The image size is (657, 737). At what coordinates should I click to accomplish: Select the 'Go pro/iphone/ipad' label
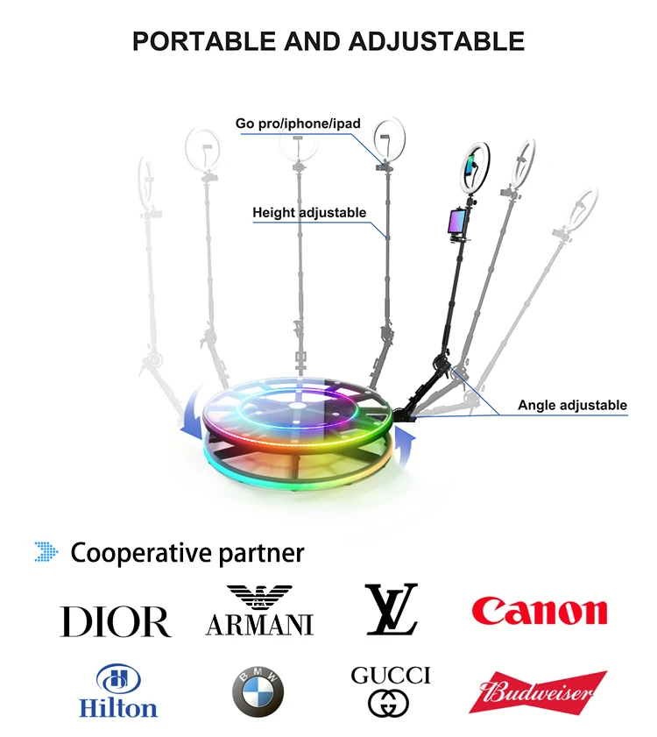[x=298, y=124]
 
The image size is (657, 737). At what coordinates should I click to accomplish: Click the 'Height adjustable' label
[x=309, y=212]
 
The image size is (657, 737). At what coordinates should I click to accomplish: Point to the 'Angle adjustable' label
[x=572, y=405]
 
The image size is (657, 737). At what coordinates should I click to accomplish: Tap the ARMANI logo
[x=259, y=611]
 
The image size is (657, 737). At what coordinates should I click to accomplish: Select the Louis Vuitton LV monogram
[x=392, y=609]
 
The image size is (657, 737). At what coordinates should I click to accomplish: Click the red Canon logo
[x=540, y=611]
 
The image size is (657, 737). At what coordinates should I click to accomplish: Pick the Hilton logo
[x=118, y=692]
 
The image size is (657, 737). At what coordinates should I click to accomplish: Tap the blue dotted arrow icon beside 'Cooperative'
[x=46, y=552]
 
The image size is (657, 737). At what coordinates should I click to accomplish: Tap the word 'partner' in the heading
[x=262, y=553]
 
